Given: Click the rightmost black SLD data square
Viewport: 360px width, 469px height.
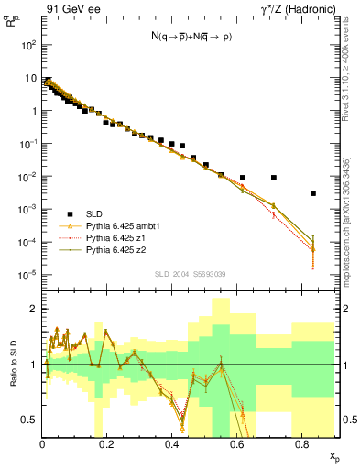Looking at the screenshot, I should coord(313,193).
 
